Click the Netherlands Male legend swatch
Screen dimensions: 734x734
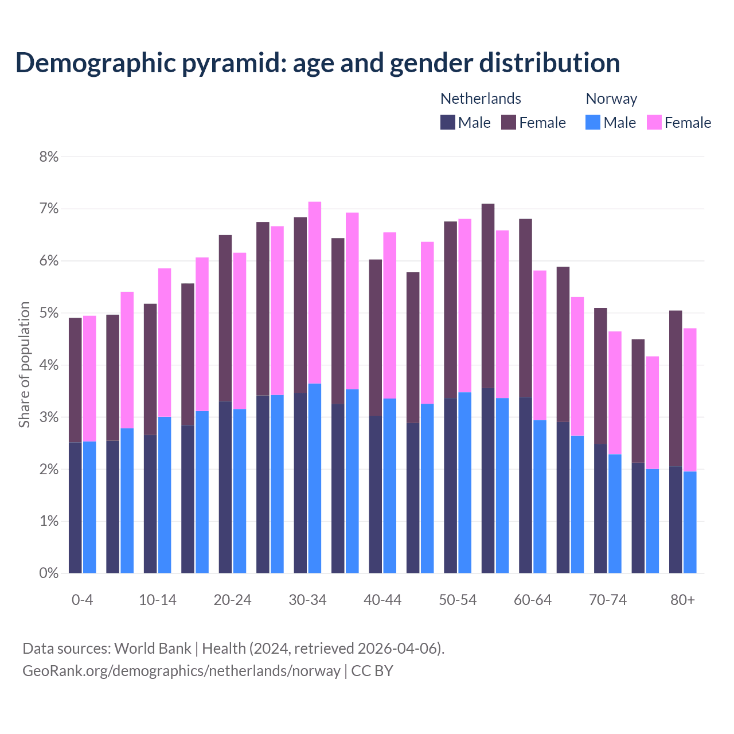pos(448,122)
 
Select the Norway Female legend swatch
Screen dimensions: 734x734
pos(654,122)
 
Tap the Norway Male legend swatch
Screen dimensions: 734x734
pos(593,122)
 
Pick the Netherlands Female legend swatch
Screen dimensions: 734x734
pos(509,122)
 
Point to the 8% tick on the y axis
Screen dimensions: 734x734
pos(49,157)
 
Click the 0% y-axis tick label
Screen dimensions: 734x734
pos(49,573)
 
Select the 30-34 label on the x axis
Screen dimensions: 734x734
pos(307,600)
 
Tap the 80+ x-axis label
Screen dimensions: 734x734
pos(682,600)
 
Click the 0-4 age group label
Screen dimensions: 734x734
pos(82,600)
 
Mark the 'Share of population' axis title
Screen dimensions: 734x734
pos(24,365)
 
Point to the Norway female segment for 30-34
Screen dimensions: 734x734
pos(315,292)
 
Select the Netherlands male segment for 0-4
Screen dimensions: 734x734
pos(75,507)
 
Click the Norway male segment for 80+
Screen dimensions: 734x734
pos(690,522)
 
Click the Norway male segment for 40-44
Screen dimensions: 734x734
pos(390,486)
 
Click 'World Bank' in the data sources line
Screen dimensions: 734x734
pos(153,649)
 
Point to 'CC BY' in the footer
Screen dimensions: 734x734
pos(372,671)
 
